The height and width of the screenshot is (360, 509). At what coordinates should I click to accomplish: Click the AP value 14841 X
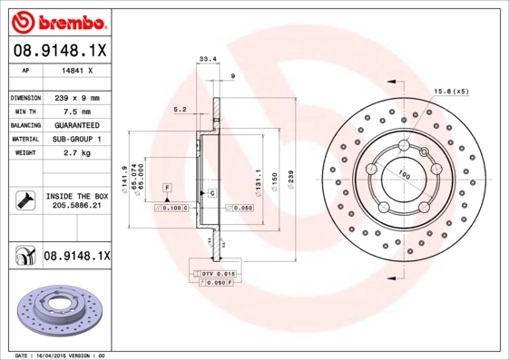[x=76, y=68]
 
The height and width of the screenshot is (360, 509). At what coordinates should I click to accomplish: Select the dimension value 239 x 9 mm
[x=76, y=96]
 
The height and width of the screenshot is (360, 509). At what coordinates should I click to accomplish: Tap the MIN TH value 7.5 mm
[x=76, y=111]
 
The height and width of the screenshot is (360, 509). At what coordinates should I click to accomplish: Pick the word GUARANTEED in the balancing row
[x=76, y=124]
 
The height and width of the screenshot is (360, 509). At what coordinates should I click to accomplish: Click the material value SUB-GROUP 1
[x=76, y=139]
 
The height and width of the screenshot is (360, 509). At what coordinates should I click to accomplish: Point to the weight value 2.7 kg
[x=76, y=153]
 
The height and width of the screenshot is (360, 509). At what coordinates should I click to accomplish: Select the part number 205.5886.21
[x=76, y=206]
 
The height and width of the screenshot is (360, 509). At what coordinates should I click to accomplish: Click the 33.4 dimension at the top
[x=207, y=60]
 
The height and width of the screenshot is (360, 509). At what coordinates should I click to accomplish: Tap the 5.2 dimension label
[x=180, y=109]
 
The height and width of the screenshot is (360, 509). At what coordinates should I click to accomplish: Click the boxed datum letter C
[x=211, y=194]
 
